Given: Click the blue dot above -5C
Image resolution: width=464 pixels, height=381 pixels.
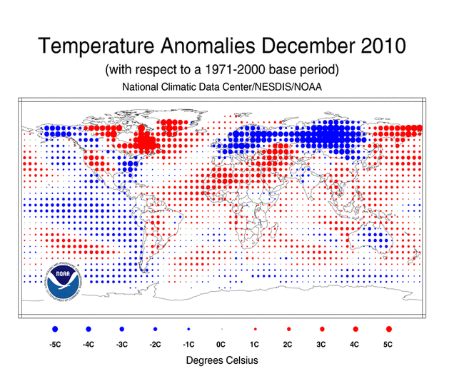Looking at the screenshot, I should point(56,329).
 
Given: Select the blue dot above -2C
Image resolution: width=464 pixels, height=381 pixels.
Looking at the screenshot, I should point(155,329).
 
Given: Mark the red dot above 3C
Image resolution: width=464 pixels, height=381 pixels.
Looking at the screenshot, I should point(322,329).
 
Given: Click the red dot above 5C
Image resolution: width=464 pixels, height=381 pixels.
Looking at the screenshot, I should point(388,329).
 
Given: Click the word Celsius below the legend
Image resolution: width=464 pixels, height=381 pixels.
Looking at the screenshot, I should point(241,361).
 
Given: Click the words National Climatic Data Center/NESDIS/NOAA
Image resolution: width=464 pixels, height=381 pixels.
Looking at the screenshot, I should point(222,87).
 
